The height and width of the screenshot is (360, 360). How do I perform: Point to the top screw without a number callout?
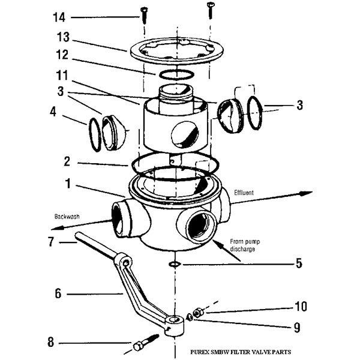pos(211,8)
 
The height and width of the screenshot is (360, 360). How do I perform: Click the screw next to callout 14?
pos(144,11)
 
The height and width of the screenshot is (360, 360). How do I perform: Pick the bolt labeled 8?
pos(143,346)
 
